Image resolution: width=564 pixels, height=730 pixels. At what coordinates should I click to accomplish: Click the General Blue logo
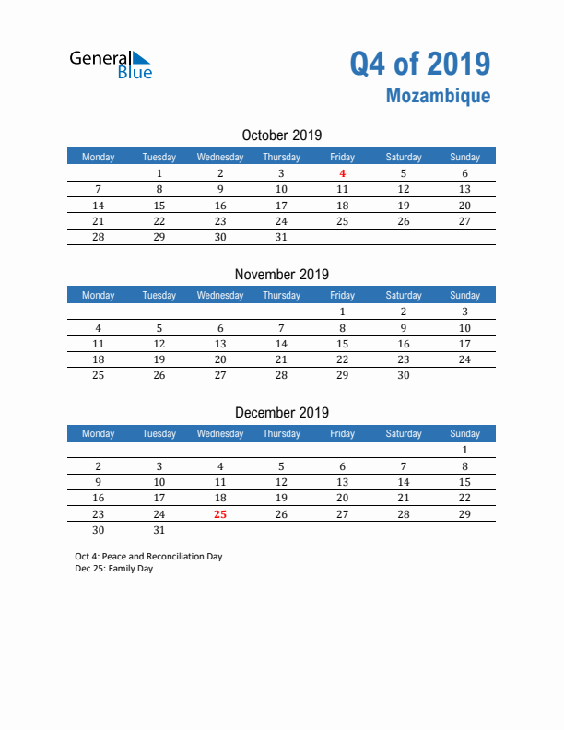point(111,63)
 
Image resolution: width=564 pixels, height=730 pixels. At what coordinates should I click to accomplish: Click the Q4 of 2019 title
point(419,63)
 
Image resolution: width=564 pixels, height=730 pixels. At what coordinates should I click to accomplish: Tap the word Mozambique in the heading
point(438,96)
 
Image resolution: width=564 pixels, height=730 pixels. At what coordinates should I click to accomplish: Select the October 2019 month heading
point(281,135)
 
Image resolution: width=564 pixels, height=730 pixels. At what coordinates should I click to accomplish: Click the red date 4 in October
point(342,173)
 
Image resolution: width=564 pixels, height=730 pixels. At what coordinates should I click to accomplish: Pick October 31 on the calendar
point(281,237)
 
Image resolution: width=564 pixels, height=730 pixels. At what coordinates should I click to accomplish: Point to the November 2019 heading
point(281,274)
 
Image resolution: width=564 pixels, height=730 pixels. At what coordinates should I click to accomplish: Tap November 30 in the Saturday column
point(403,375)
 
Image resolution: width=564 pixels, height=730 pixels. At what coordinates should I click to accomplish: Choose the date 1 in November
point(342,312)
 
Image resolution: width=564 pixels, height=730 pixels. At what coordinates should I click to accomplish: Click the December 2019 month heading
point(281,413)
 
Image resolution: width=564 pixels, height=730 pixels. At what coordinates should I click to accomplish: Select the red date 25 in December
point(220,514)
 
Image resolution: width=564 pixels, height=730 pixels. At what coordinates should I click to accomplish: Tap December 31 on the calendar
point(159,530)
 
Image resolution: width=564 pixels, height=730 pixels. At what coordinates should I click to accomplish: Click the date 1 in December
point(464,451)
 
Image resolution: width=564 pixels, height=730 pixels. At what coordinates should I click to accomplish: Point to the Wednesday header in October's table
point(220,157)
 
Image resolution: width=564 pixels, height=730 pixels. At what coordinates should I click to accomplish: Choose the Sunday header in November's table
point(464,295)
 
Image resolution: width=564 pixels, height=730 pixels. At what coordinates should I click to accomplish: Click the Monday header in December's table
point(99,433)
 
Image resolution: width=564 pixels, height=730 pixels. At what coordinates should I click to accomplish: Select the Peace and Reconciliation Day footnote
point(149,557)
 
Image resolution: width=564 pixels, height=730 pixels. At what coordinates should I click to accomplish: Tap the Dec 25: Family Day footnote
point(114,569)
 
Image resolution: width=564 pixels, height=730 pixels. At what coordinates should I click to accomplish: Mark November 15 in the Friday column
point(342,344)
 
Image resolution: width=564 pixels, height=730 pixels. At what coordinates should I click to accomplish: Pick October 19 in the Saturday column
point(403,206)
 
